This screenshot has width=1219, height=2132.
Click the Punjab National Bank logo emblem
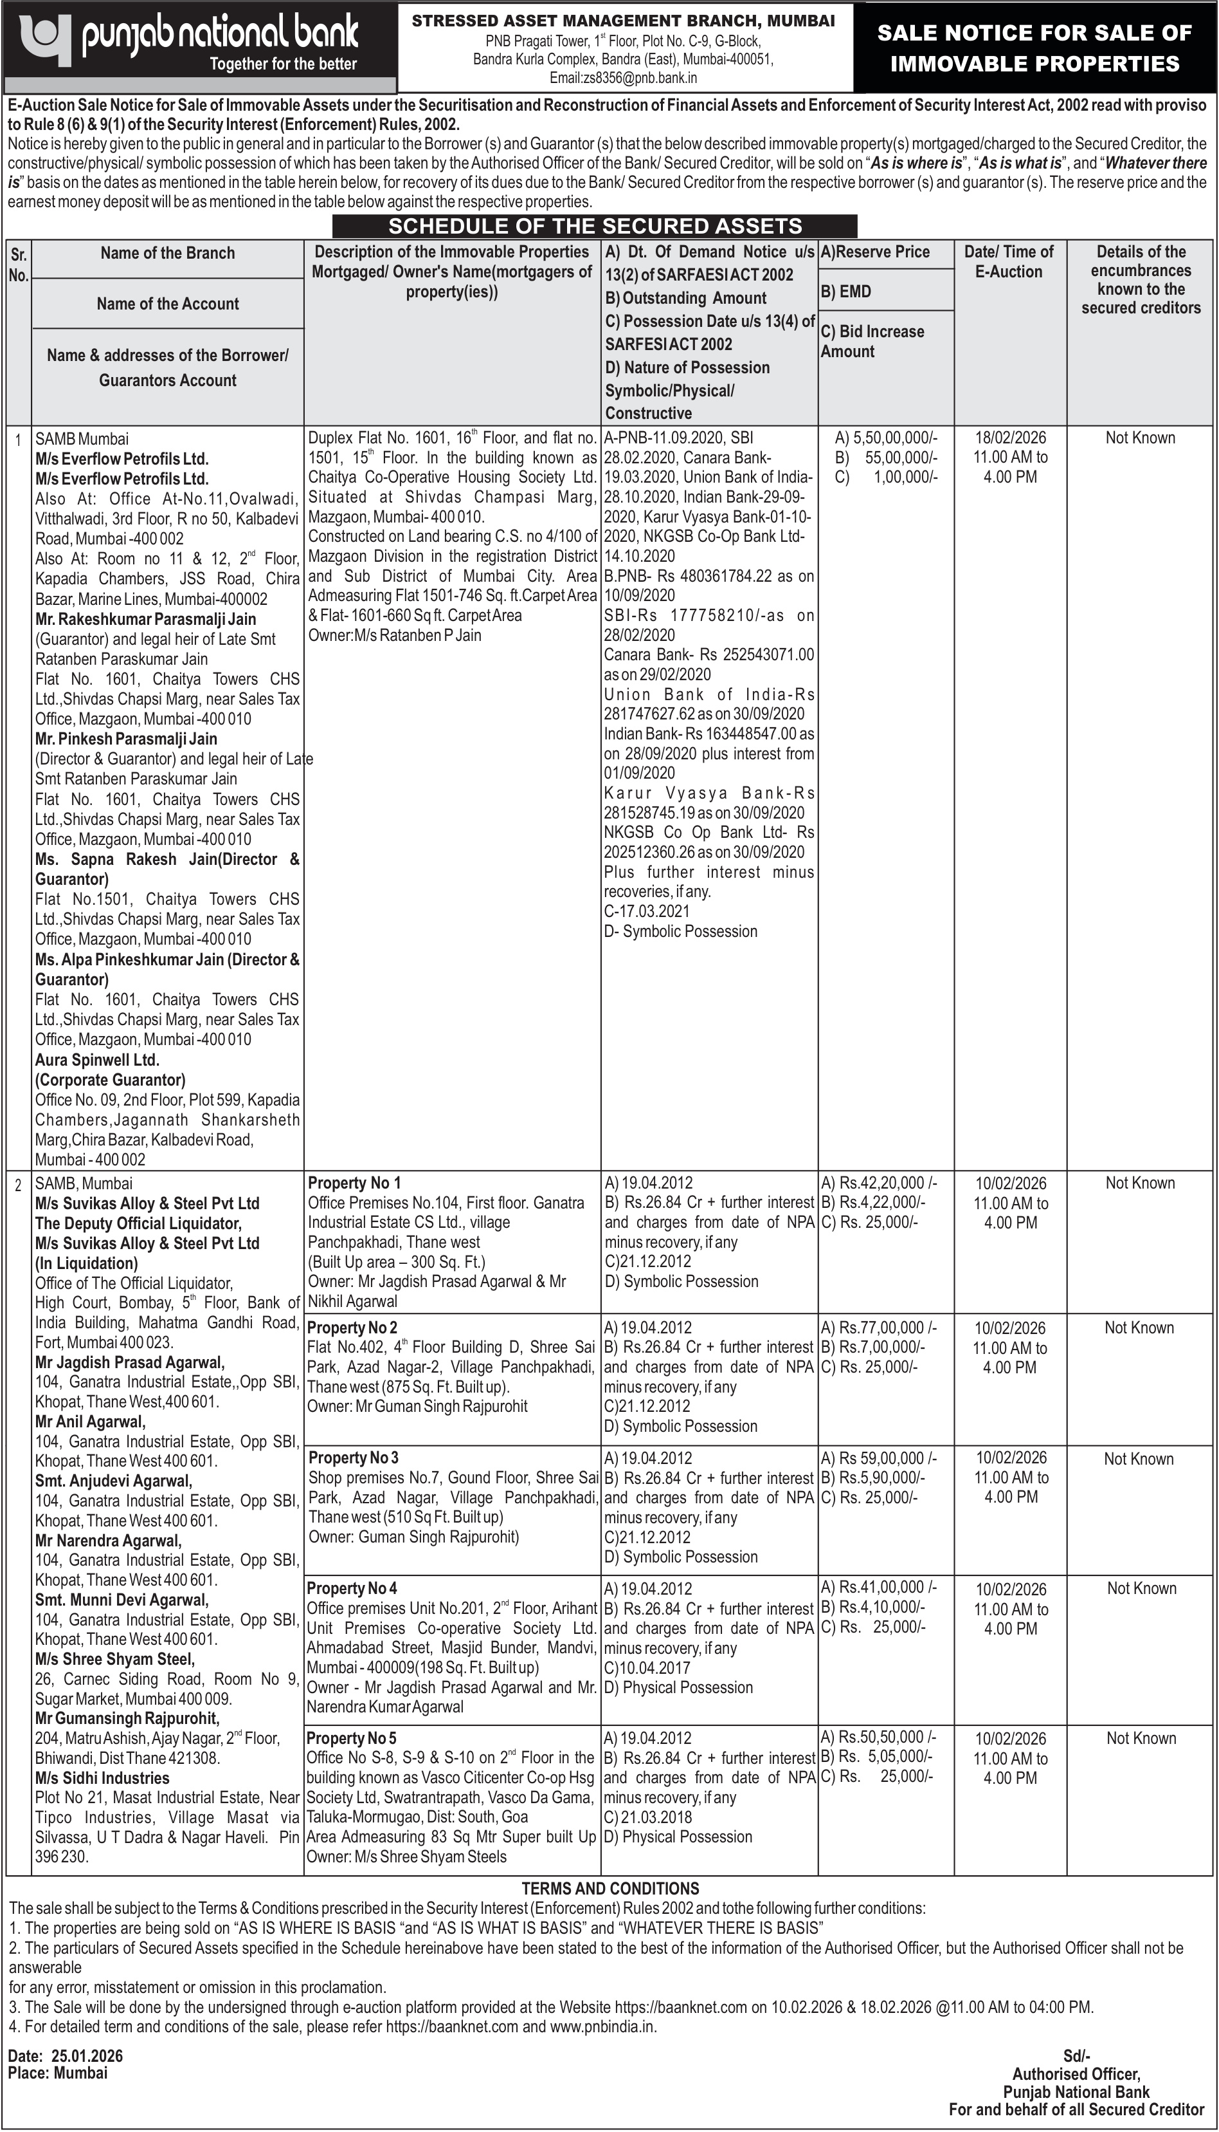click(x=47, y=39)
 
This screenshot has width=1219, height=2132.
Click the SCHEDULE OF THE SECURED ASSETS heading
click(x=595, y=226)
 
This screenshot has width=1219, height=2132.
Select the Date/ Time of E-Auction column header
click(x=1009, y=261)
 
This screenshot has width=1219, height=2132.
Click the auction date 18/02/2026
click(x=1011, y=438)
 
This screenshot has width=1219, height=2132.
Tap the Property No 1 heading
click(x=354, y=1183)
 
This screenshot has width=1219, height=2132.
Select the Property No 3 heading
click(x=354, y=1458)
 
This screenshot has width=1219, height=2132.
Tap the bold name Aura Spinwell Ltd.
click(x=97, y=1060)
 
